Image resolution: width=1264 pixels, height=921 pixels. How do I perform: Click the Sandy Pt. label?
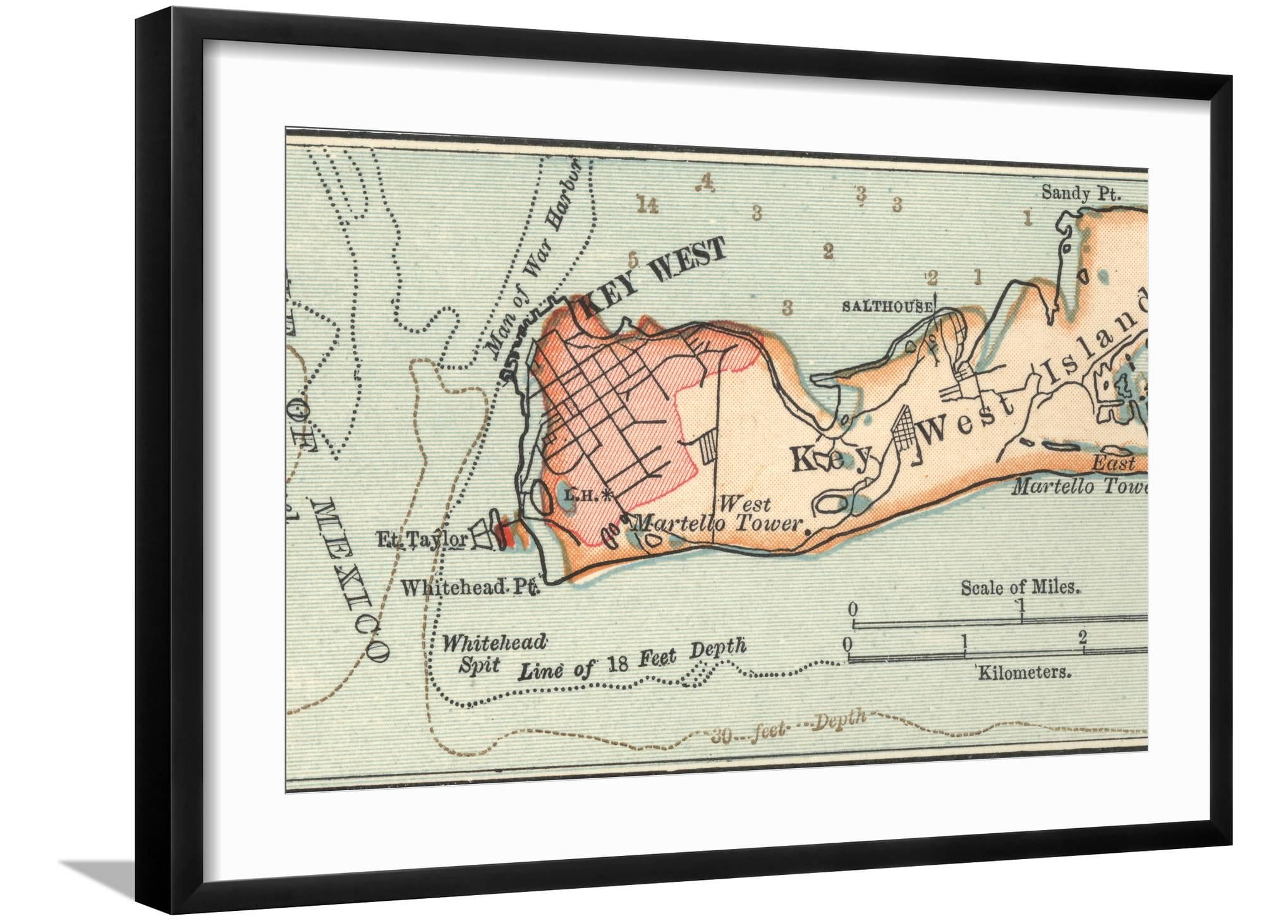click(1081, 192)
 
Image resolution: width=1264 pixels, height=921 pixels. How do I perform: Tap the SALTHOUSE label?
click(887, 307)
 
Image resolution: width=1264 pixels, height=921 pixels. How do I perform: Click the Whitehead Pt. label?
click(470, 588)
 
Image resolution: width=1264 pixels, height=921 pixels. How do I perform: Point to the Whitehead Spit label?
click(487, 654)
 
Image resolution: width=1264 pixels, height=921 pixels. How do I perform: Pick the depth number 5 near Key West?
click(634, 260)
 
